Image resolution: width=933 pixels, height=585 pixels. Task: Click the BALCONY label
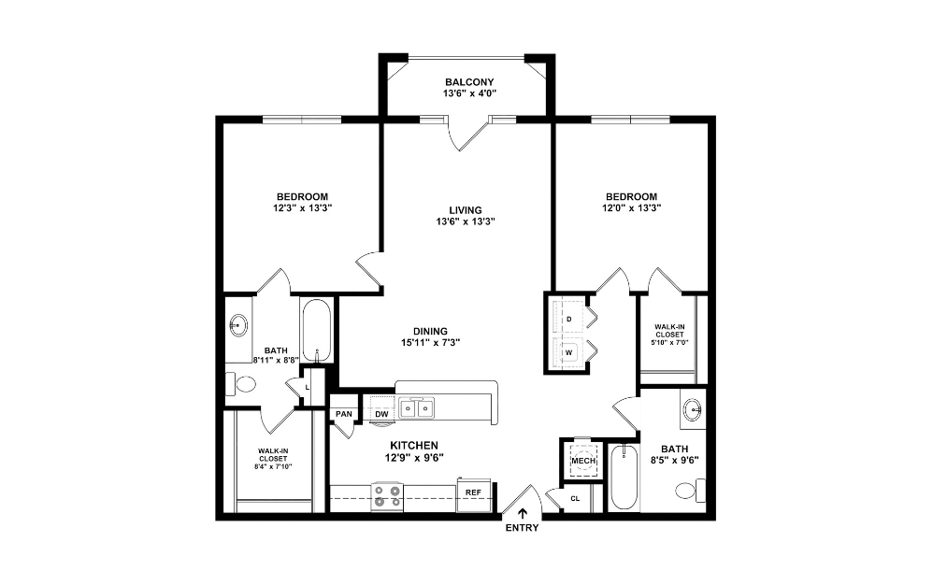point(468,82)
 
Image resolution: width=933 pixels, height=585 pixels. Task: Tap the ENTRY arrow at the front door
point(522,512)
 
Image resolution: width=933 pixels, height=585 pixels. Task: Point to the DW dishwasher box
point(381,413)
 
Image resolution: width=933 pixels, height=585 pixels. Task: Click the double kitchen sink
point(416,408)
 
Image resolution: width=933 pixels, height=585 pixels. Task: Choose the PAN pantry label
point(344,413)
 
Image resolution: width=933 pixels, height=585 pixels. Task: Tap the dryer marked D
point(569,319)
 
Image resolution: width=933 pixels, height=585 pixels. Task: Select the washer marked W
point(569,352)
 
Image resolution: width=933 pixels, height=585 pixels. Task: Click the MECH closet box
point(583,461)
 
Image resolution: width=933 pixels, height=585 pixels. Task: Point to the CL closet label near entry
point(574,498)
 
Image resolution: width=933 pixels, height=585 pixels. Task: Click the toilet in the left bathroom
point(243,383)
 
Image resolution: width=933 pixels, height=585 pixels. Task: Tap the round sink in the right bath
point(692,409)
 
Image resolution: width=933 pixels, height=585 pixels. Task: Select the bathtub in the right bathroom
point(624,477)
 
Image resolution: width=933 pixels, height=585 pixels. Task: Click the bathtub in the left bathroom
point(317,330)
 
